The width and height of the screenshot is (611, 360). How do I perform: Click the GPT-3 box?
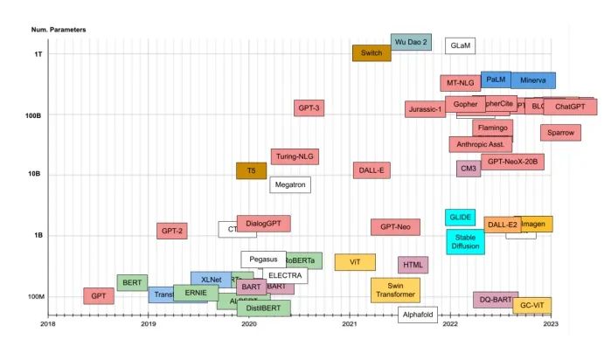click(x=309, y=108)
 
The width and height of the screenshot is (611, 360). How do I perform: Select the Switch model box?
click(x=371, y=53)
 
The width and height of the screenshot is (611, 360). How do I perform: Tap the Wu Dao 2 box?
click(x=411, y=42)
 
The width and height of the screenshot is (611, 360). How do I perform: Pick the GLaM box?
click(x=461, y=45)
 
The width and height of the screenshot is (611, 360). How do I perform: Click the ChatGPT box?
click(x=570, y=107)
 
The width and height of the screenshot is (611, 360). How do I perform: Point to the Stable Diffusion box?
click(x=466, y=241)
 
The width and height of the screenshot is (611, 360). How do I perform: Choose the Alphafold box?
click(x=418, y=315)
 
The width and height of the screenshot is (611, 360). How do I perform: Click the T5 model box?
click(x=251, y=170)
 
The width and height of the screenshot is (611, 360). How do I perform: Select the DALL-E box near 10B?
click(x=371, y=170)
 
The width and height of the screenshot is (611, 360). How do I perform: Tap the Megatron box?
click(x=290, y=184)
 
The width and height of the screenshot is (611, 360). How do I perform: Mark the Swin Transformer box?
click(x=395, y=290)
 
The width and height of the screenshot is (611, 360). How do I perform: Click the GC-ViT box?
click(x=531, y=306)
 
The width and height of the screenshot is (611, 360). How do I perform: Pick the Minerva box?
click(x=533, y=80)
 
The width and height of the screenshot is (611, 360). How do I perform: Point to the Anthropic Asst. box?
click(x=481, y=144)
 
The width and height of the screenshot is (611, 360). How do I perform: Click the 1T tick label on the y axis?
click(x=38, y=54)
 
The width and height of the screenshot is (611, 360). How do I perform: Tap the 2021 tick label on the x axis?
click(x=350, y=324)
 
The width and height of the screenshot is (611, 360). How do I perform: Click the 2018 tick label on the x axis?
click(x=48, y=324)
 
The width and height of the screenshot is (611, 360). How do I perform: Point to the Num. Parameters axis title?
click(x=59, y=31)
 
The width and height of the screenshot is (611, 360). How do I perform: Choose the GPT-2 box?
click(x=172, y=231)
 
